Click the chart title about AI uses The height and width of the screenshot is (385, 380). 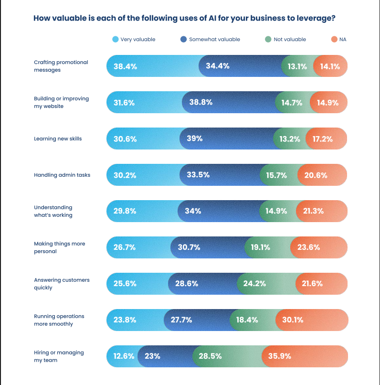[184, 19]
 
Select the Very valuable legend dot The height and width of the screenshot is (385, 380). [115, 39]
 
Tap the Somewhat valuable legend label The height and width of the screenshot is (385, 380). [214, 39]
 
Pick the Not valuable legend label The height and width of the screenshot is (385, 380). [290, 39]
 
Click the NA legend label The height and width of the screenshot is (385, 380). [343, 39]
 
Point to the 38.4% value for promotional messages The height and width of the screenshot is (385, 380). [125, 66]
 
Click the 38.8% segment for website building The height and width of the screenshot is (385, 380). [201, 102]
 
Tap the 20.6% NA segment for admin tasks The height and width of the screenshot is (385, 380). [316, 175]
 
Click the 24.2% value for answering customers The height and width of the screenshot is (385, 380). [254, 284]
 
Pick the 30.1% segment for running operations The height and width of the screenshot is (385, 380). [293, 320]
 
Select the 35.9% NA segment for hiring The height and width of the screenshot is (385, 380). [280, 356]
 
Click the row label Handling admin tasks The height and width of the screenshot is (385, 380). [62, 175]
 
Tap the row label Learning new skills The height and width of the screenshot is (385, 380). [58, 139]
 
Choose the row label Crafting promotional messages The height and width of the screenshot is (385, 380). [61, 66]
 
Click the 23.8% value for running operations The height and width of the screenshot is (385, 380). [125, 320]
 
